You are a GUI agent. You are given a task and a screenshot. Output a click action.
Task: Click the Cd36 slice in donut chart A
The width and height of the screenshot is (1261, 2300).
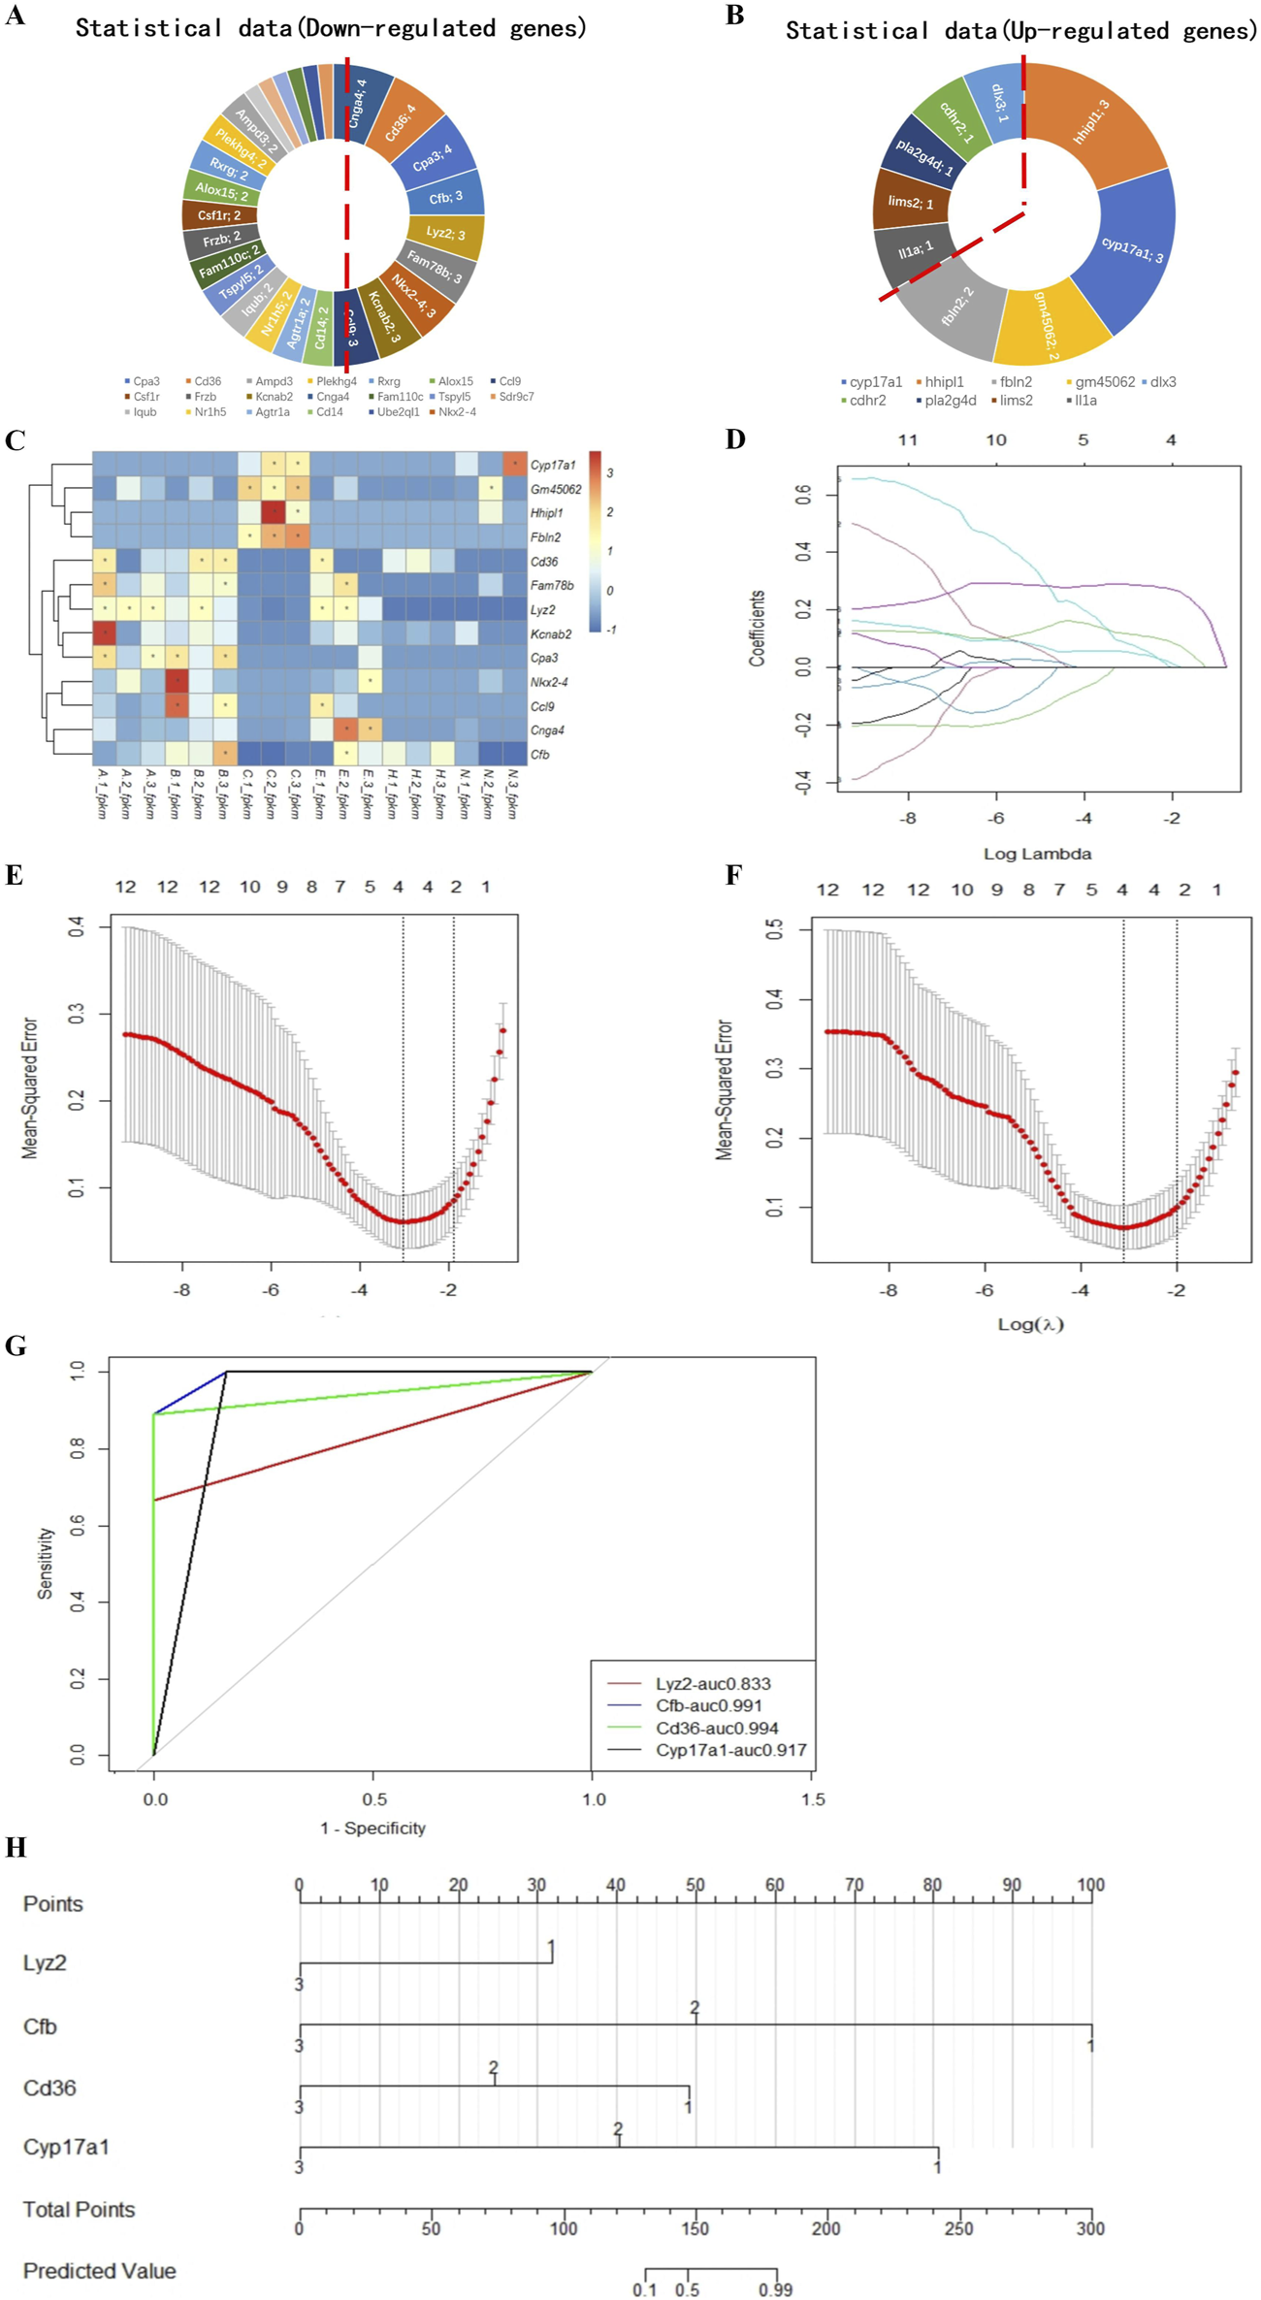click(400, 124)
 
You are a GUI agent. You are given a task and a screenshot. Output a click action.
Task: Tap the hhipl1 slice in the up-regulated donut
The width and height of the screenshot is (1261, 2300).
click(1092, 122)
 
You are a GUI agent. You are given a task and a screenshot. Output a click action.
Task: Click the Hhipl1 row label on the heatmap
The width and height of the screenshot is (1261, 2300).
click(546, 513)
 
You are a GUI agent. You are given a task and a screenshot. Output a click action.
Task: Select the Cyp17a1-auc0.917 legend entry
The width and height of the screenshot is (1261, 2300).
click(730, 1750)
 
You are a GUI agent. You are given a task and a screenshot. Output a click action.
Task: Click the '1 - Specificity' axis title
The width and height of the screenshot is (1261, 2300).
click(372, 1828)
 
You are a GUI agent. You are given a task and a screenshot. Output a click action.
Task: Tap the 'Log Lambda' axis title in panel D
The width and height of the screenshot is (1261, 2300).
click(1037, 854)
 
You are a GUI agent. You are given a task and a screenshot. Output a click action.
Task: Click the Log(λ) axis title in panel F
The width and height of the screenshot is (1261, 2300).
click(1031, 1323)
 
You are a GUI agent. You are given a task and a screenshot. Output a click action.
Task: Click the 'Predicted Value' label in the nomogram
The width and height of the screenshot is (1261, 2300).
click(100, 2271)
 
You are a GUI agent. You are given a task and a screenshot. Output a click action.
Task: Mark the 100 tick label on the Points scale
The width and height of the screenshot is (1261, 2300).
click(1091, 1885)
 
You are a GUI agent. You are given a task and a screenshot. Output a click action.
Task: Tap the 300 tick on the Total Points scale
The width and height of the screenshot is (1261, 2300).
click(1090, 2228)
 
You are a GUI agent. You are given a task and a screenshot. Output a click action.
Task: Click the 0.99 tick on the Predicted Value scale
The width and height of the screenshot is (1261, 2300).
click(775, 2290)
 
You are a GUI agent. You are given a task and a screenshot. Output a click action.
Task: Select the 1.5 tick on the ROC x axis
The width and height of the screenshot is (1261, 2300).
click(813, 1799)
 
